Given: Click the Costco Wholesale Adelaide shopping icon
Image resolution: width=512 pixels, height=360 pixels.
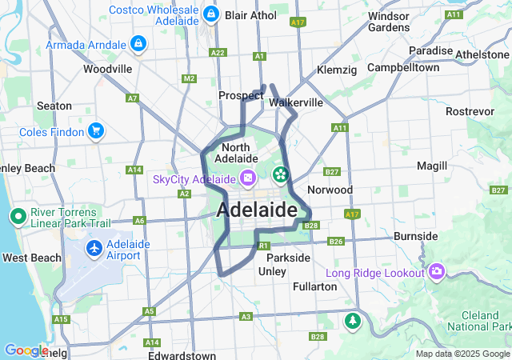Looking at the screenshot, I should click(210, 14).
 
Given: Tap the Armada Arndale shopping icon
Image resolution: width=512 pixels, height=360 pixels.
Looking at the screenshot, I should click(138, 42).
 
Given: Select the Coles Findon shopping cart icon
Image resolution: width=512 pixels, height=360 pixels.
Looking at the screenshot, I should click(96, 130).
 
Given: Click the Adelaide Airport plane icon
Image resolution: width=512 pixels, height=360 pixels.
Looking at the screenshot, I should click(94, 249).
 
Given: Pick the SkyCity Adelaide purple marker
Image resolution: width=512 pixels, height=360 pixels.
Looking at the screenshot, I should click(248, 178).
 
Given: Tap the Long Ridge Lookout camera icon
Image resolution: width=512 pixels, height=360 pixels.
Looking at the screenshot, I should click(437, 272).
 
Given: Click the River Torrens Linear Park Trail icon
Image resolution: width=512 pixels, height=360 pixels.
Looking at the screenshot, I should click(17, 216).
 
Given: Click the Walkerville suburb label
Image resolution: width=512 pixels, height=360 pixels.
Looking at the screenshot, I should click(297, 102).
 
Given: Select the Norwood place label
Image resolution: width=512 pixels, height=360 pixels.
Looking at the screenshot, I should click(330, 190).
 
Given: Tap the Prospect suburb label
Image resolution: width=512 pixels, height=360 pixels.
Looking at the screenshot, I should click(241, 95).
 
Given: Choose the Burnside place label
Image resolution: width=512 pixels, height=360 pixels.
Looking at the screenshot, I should click(415, 236).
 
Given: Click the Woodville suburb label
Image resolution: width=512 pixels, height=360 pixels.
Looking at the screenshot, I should click(107, 69).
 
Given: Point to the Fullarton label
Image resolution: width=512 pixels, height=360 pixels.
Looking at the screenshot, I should click(314, 286).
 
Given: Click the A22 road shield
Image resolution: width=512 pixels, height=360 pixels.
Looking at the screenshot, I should click(218, 53).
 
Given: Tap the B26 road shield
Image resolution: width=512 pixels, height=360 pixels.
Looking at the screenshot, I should click(336, 242).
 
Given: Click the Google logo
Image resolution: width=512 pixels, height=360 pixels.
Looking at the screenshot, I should click(26, 350).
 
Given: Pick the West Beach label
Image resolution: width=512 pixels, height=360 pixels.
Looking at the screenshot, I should click(31, 258).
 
